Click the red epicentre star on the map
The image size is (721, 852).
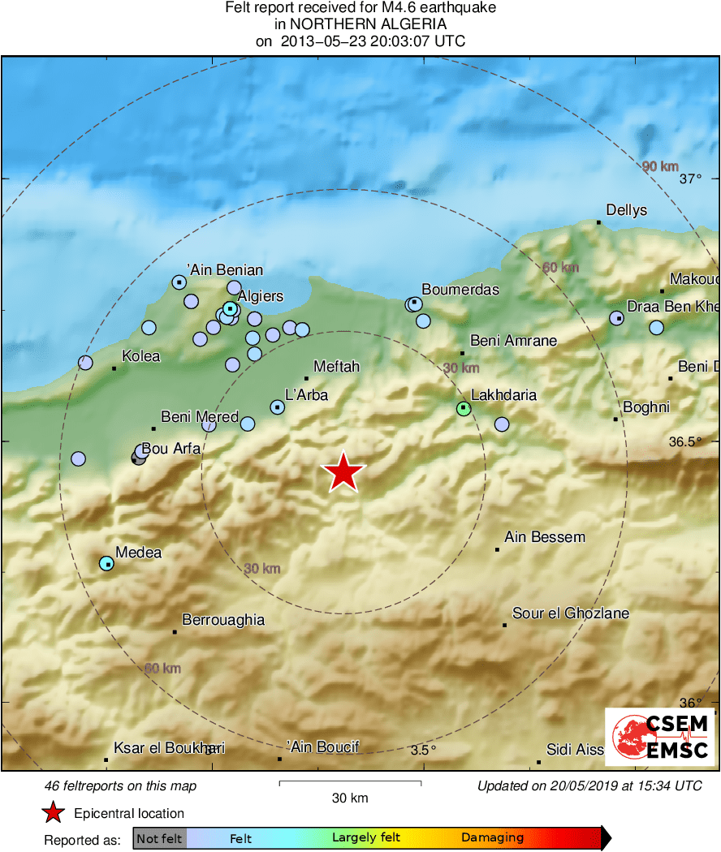344,472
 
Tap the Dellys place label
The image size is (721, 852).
627,210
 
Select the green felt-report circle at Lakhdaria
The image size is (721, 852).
464,408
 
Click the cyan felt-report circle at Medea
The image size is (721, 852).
106,563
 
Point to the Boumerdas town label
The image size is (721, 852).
460,290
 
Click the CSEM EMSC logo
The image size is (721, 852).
659,737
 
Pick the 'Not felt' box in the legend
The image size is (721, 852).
159,838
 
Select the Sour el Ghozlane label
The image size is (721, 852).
571,613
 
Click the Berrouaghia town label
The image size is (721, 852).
223,620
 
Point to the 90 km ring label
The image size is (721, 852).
660,166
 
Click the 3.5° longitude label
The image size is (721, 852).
423,750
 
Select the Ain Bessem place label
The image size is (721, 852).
545,537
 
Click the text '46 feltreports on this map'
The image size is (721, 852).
121,785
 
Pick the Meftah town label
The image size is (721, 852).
336,367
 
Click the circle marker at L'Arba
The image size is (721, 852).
278,407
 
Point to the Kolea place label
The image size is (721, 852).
141,356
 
